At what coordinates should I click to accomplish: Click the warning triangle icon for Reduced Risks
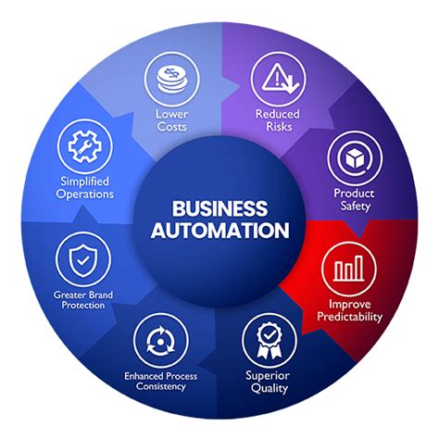278,76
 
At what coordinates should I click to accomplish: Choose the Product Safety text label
353,200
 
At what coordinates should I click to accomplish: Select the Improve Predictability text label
350,310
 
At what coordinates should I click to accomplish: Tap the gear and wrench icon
85,146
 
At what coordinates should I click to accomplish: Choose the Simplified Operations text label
85,189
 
